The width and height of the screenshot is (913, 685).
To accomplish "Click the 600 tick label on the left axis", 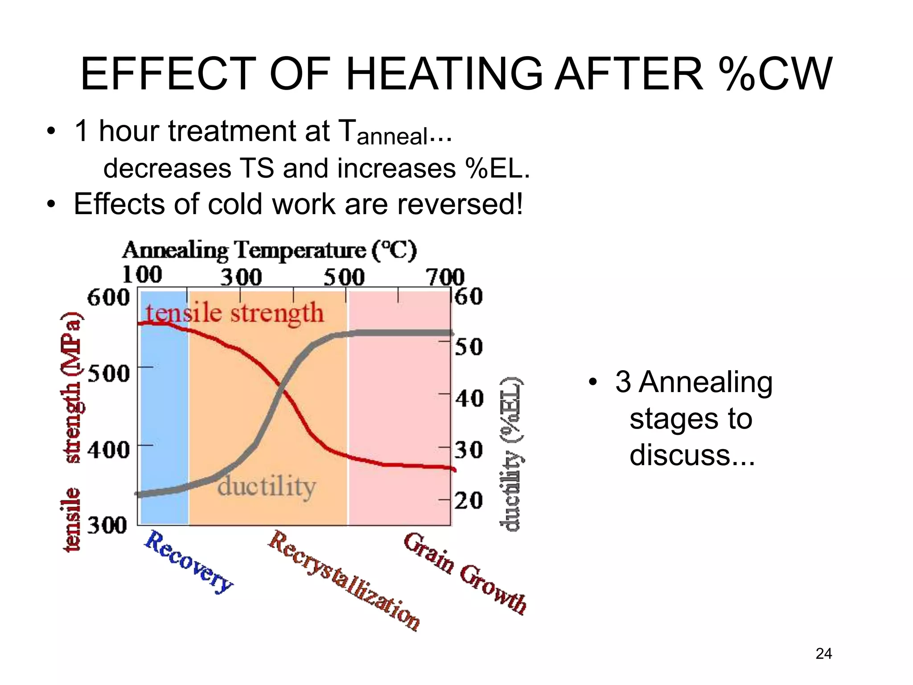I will (x=108, y=297).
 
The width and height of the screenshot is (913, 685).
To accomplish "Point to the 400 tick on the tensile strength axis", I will (x=108, y=450).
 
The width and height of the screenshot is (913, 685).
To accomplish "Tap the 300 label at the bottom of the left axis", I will (x=107, y=526).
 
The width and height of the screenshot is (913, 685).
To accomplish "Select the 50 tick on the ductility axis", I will (x=469, y=347).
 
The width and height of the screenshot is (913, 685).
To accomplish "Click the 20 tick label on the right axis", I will (x=469, y=501).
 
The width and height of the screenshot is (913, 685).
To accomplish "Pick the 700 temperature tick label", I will (x=445, y=277).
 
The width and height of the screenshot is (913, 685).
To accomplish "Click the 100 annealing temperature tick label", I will (x=142, y=275).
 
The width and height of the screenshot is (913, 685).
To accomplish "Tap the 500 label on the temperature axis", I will (x=344, y=277).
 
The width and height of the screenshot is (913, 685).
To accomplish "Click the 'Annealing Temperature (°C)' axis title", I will (x=269, y=250).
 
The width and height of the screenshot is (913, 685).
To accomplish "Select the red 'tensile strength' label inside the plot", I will (x=234, y=313).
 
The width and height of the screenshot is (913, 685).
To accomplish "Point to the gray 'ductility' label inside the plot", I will (x=267, y=487).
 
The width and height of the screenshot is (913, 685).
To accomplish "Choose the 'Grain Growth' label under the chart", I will (x=465, y=574).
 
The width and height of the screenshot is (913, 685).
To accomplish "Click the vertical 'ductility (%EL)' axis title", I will (x=511, y=454).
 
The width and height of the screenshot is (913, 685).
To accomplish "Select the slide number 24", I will (x=823, y=654).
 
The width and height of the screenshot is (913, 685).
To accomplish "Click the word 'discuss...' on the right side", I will (x=692, y=455).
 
